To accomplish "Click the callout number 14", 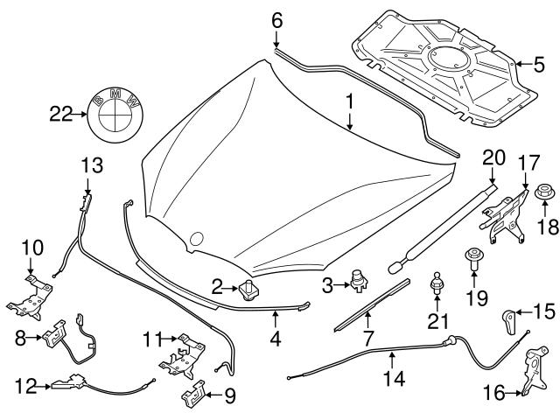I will point(395,380).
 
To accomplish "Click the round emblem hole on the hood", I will point(197,237).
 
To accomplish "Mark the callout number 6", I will point(276,18).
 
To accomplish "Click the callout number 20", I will point(494,157).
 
